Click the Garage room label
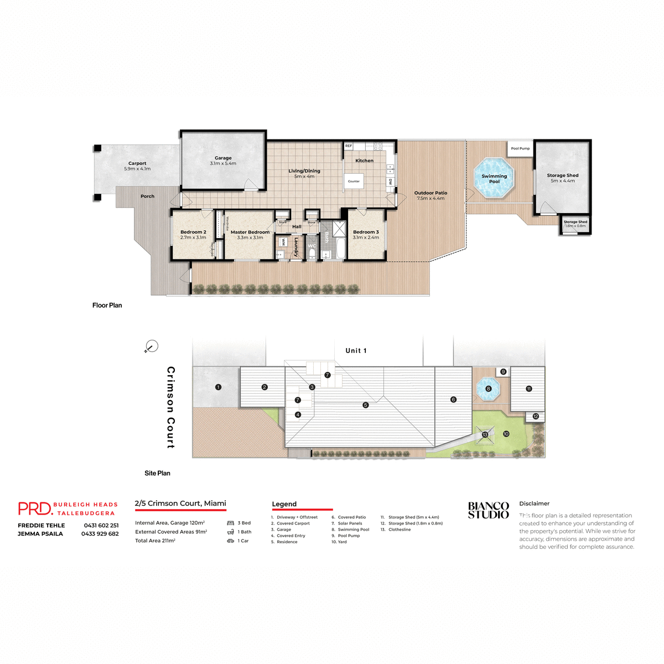[x=223, y=158]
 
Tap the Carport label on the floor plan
[x=137, y=164]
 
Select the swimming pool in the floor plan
[x=494, y=178]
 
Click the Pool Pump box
[x=520, y=148]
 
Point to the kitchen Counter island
[x=354, y=181]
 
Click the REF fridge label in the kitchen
[x=349, y=146]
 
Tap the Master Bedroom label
[x=250, y=232]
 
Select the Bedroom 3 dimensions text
[x=366, y=237]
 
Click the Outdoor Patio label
[x=430, y=193]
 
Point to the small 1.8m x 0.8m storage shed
[x=575, y=224]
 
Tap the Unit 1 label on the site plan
[x=356, y=351]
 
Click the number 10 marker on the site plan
[x=506, y=434]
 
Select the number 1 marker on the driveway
[x=218, y=387]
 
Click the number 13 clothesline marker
[x=485, y=434]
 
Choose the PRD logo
[x=34, y=509]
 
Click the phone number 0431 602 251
[x=101, y=526]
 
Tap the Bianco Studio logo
[x=488, y=510]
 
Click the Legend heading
[x=284, y=504]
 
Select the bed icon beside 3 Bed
[x=231, y=523]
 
